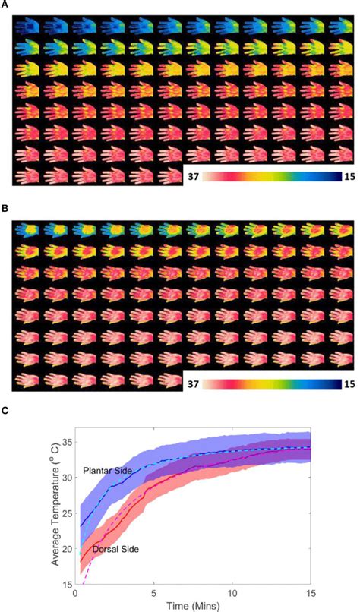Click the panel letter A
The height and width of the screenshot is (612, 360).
point(5,6)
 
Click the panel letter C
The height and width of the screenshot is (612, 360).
point(5,409)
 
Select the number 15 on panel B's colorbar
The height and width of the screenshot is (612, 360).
point(346,383)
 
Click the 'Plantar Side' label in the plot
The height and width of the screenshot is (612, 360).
point(106,472)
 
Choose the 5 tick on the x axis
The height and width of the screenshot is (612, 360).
point(154,593)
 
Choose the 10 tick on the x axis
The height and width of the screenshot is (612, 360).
point(232,593)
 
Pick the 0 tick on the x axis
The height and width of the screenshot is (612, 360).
point(75,593)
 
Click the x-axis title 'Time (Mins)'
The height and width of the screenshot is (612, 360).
point(193,605)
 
